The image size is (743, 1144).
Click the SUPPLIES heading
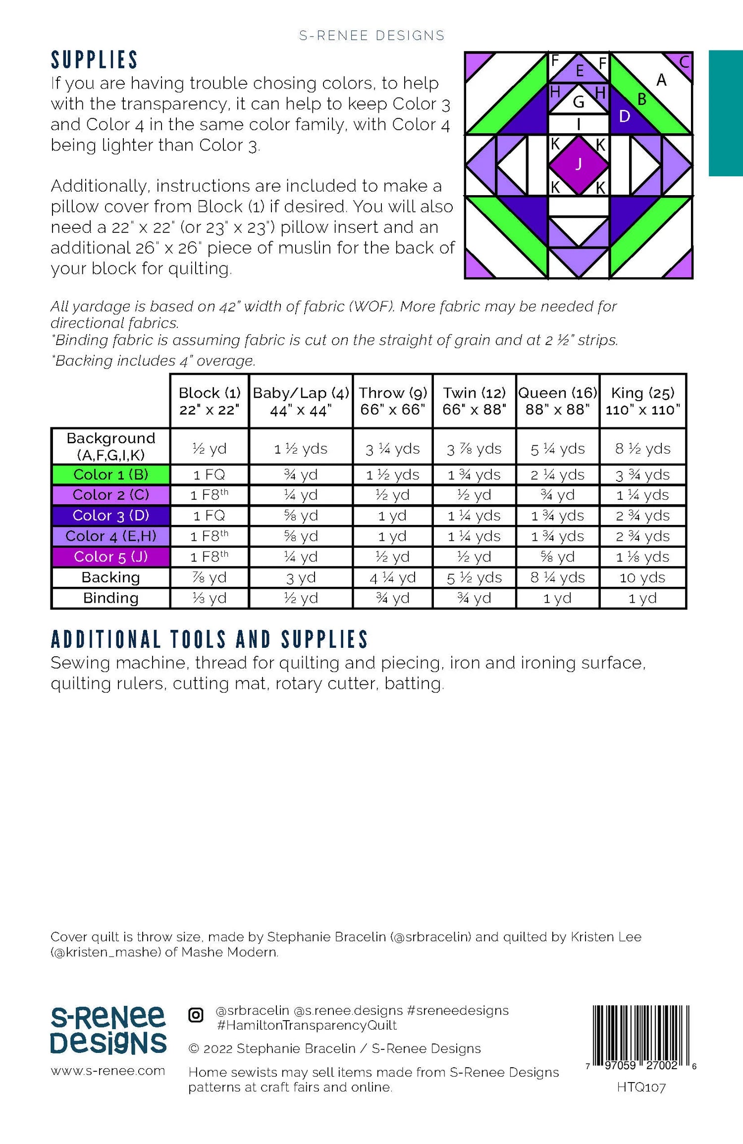click(94, 60)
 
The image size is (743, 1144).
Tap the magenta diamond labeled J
click(579, 165)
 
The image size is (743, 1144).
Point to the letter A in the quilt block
click(661, 80)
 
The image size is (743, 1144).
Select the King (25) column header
click(642, 401)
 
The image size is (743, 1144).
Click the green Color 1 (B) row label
click(110, 474)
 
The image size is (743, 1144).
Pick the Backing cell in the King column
click(642, 577)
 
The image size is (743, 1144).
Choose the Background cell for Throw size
click(392, 449)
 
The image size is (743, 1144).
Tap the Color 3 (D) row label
click(110, 516)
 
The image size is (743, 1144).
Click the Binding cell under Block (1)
click(209, 598)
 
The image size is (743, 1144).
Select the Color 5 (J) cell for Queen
click(558, 557)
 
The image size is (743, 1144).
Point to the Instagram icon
click(196, 1015)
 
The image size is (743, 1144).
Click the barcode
click(641, 1038)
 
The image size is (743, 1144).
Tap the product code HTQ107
click(641, 1088)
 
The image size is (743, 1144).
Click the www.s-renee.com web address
click(108, 1071)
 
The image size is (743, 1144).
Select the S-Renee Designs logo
click(108, 1030)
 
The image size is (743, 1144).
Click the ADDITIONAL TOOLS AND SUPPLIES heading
click(210, 639)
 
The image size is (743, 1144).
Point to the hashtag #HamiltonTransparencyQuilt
click(307, 1025)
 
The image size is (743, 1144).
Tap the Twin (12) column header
click(474, 401)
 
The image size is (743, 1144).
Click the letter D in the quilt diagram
click(625, 116)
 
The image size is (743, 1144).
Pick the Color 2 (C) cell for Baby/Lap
click(301, 495)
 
